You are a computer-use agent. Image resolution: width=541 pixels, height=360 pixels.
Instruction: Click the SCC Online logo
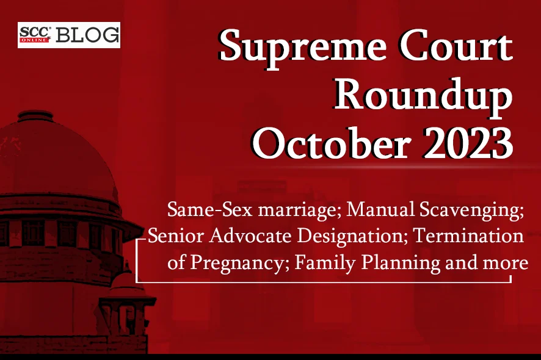coord(35,35)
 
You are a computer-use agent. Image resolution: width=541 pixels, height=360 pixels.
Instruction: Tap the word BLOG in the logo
coord(87,35)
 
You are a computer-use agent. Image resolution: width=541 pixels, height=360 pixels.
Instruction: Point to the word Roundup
coord(423,96)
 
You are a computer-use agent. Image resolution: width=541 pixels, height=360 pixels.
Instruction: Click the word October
coord(332,143)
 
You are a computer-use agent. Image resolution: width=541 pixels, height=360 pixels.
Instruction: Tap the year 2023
coord(468,143)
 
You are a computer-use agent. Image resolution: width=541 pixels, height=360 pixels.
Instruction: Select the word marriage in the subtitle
coord(299,211)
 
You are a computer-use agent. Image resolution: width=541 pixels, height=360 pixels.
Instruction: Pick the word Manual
coord(380,209)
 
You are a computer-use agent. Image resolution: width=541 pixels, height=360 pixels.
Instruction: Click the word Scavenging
coord(470,211)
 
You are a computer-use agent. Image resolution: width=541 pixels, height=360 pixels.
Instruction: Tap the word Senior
coord(176,236)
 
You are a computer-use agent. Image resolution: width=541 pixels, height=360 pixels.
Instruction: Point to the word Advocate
coord(250,236)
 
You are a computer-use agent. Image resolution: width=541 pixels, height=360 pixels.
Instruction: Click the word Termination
coord(468,236)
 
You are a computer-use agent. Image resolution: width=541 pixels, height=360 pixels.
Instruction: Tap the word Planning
coord(401,264)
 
